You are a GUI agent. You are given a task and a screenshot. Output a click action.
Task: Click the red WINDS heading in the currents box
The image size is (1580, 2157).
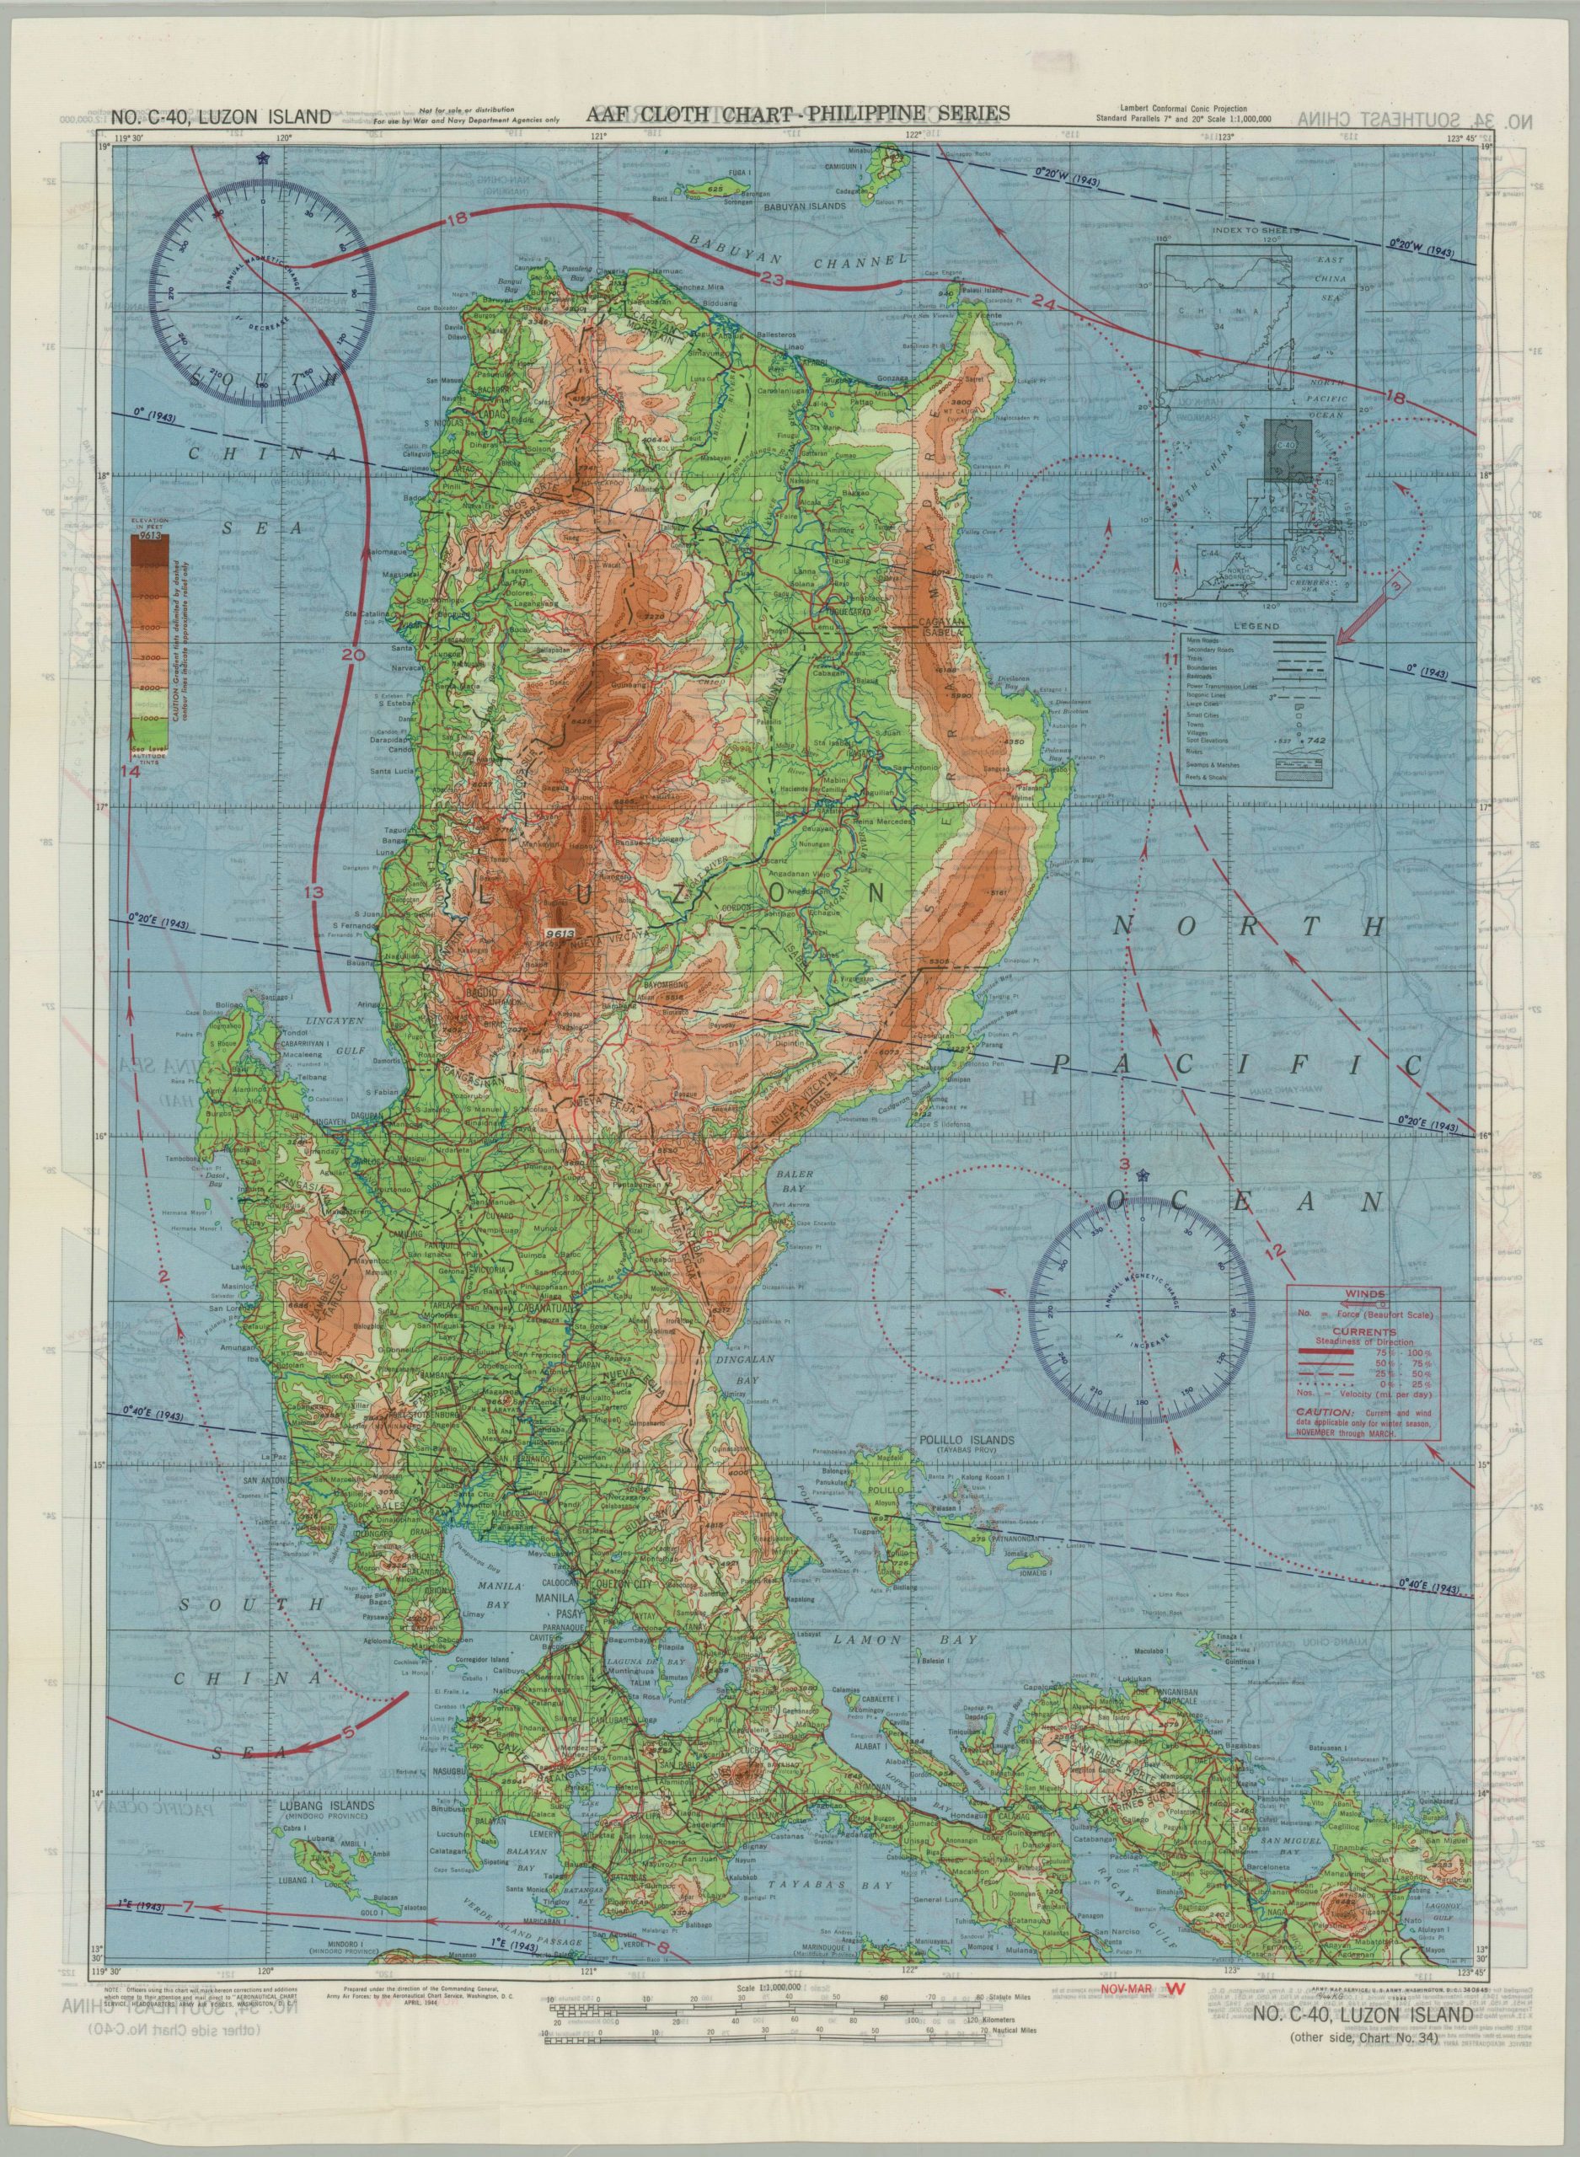[x=1363, y=1293]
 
